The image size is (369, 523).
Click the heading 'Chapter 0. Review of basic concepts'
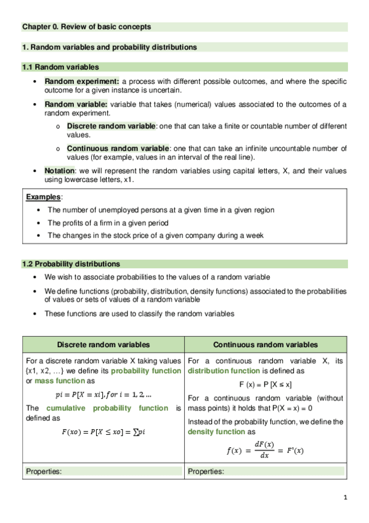(x=86, y=27)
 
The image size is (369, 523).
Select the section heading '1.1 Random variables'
(x=60, y=67)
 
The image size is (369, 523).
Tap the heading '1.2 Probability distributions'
(x=71, y=264)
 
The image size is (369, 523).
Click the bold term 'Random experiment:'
(x=82, y=81)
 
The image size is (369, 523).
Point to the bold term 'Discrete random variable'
(x=111, y=126)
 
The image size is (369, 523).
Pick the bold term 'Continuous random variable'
(x=117, y=148)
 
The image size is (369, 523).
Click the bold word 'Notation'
(x=59, y=170)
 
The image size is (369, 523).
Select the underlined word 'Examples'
(x=44, y=197)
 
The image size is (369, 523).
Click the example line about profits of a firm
(x=108, y=223)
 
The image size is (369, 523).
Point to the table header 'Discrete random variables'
(x=103, y=345)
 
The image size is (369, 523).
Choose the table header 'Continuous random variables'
(x=266, y=345)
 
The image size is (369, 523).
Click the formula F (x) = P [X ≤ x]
(x=266, y=384)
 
